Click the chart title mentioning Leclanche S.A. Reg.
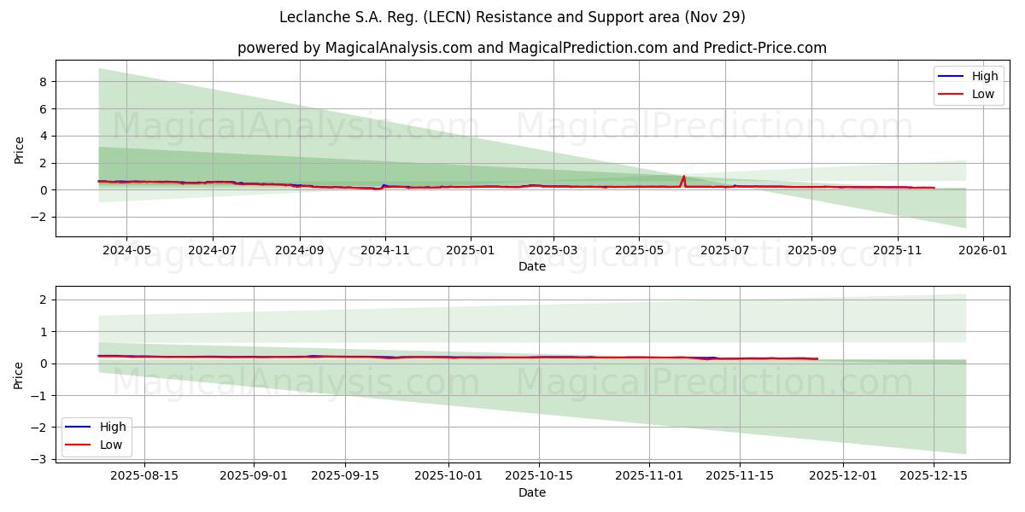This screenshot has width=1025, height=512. coord(512,17)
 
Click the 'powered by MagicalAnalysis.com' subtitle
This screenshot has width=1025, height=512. coord(531,48)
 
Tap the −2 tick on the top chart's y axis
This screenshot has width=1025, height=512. coord(38,217)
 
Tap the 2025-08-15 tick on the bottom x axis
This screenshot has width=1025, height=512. coord(144,475)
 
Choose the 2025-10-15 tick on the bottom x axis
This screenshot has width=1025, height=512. coord(538,475)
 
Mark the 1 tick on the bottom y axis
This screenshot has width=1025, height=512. coord(42,331)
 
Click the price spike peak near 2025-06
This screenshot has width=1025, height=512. coord(683,177)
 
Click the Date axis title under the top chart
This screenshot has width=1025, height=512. coord(531,267)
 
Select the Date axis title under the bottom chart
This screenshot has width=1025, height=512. coord(531,492)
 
